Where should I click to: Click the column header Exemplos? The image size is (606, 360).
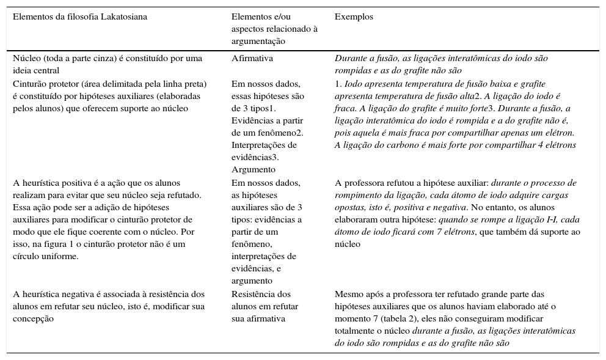point(354,17)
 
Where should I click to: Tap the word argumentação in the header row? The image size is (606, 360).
point(258,42)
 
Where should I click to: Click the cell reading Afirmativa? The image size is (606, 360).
point(252,59)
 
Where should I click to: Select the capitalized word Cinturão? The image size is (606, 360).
point(29,84)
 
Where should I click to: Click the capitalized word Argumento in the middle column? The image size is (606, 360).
point(254,169)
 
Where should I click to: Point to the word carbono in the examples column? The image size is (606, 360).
point(390,145)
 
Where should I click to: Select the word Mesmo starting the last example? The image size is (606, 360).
point(347,294)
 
